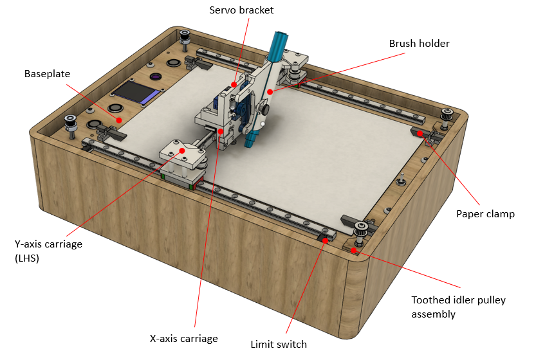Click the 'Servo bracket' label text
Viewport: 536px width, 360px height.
click(241, 10)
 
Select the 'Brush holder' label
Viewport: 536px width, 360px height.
click(419, 43)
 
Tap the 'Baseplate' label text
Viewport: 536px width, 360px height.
click(47, 74)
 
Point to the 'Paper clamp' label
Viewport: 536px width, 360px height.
click(485, 214)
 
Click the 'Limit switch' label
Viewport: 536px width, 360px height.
click(279, 344)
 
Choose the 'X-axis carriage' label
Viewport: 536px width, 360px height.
click(184, 339)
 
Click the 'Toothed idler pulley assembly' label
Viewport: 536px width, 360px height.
click(458, 307)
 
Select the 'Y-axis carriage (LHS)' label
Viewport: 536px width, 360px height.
click(48, 251)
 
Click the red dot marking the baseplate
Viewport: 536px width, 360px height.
click(118, 120)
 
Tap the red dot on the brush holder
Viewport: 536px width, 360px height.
click(270, 91)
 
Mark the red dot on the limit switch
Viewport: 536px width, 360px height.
click(325, 240)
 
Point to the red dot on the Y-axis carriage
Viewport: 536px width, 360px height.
click(182, 150)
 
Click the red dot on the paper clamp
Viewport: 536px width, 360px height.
click(420, 133)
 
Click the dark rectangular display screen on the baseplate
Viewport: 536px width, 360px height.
click(136, 93)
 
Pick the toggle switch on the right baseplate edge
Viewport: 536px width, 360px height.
click(402, 179)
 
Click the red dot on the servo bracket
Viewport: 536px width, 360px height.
click(234, 84)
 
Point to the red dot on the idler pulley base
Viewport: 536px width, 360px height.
click(354, 250)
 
